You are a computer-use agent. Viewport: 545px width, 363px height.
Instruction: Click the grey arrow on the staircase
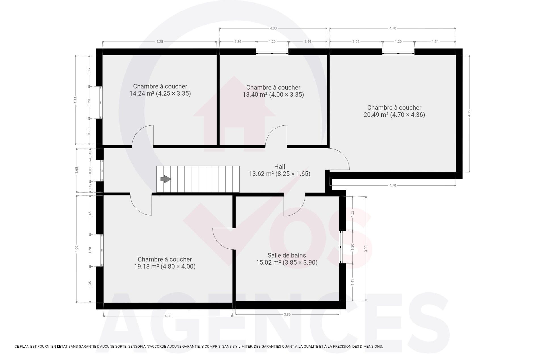point(166,179)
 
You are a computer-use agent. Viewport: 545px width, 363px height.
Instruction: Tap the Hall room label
point(280,166)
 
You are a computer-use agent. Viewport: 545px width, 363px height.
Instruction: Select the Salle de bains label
point(287,255)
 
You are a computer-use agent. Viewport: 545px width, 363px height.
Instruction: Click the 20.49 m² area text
point(376,115)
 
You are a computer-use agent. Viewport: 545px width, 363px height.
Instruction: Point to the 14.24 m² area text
point(142,93)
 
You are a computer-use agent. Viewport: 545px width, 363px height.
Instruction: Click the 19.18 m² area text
point(146,266)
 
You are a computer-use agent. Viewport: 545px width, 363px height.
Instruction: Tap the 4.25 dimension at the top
point(160,42)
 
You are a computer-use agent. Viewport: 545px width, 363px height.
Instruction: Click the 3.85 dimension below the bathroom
point(287,314)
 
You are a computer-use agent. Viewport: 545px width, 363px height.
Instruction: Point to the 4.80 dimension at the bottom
point(168,316)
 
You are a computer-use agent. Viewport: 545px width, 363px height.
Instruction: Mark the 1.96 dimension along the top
point(356,42)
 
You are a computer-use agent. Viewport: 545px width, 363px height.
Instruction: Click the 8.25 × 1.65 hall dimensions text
point(293,174)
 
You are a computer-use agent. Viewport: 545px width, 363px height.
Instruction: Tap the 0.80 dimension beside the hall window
point(90,170)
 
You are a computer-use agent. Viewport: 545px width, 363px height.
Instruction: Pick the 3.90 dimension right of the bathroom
point(366,249)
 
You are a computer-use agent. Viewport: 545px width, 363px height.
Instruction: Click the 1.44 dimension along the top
point(308,42)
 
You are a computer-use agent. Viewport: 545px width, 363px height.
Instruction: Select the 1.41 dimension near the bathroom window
point(353,282)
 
